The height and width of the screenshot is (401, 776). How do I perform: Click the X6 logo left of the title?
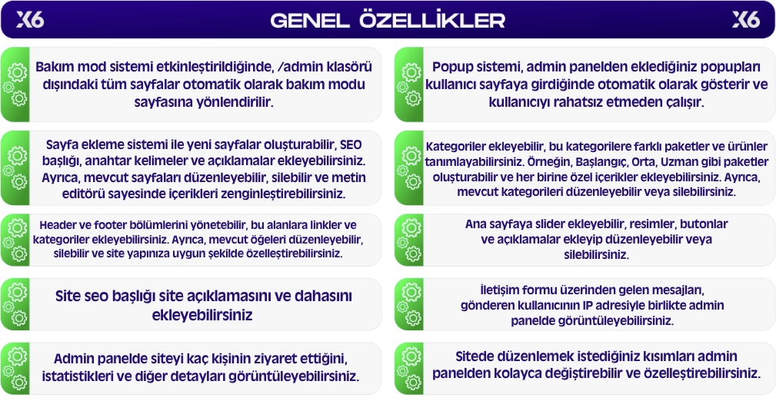30,20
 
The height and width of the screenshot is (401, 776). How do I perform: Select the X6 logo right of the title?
746,20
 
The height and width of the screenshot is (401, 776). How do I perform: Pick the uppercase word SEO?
351,145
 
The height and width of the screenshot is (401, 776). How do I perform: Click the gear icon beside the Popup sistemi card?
410,85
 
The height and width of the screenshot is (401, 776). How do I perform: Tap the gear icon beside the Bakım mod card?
16,85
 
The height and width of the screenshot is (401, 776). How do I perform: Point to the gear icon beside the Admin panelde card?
16,369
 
